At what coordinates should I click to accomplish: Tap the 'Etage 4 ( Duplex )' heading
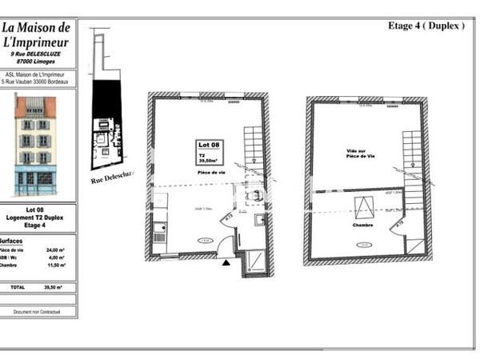tap(426, 26)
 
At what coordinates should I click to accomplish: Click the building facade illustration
tap(35, 144)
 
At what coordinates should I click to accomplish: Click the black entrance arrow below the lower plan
tap(226, 262)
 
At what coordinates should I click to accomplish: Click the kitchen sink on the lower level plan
tap(158, 233)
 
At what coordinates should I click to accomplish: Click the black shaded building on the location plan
tap(103, 100)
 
